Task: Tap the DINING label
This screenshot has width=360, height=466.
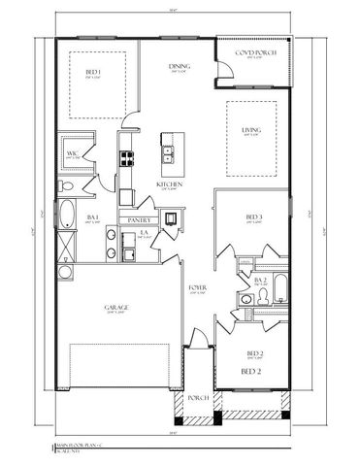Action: [178, 66]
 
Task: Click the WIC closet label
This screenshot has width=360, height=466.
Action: [72, 153]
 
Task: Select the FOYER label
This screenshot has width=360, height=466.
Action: [194, 288]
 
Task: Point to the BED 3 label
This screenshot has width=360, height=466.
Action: [253, 216]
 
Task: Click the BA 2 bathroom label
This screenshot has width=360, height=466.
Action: [259, 280]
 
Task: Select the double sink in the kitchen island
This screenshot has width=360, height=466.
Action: [169, 150]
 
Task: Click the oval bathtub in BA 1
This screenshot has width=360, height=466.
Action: [66, 212]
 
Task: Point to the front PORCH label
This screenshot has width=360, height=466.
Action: [198, 398]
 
